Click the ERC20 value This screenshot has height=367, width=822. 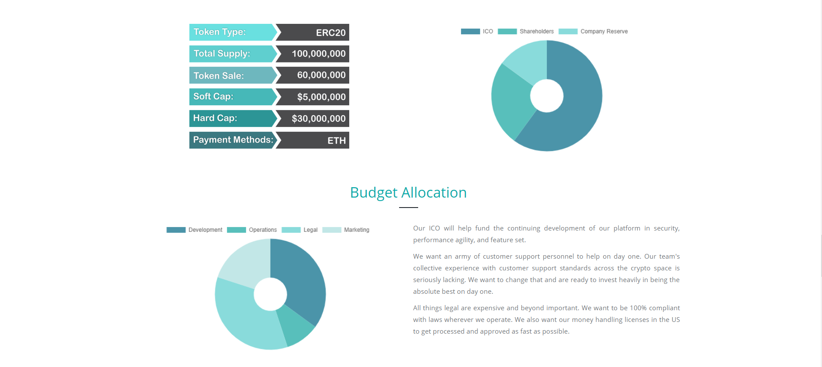click(x=331, y=32)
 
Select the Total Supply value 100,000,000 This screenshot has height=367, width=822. click(x=318, y=54)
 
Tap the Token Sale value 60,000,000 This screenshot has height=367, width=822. click(x=321, y=75)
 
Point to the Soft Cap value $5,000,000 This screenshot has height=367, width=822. click(x=321, y=97)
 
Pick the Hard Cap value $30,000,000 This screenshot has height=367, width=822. click(x=318, y=119)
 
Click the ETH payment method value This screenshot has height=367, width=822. click(x=336, y=140)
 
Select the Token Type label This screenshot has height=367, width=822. click(x=219, y=32)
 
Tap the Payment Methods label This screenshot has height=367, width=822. click(x=233, y=140)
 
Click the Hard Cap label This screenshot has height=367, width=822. click(x=215, y=118)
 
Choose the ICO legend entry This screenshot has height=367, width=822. click(x=477, y=31)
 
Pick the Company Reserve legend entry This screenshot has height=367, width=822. click(x=593, y=31)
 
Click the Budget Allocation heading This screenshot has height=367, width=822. click(x=408, y=192)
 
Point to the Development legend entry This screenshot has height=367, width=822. click(x=195, y=230)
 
